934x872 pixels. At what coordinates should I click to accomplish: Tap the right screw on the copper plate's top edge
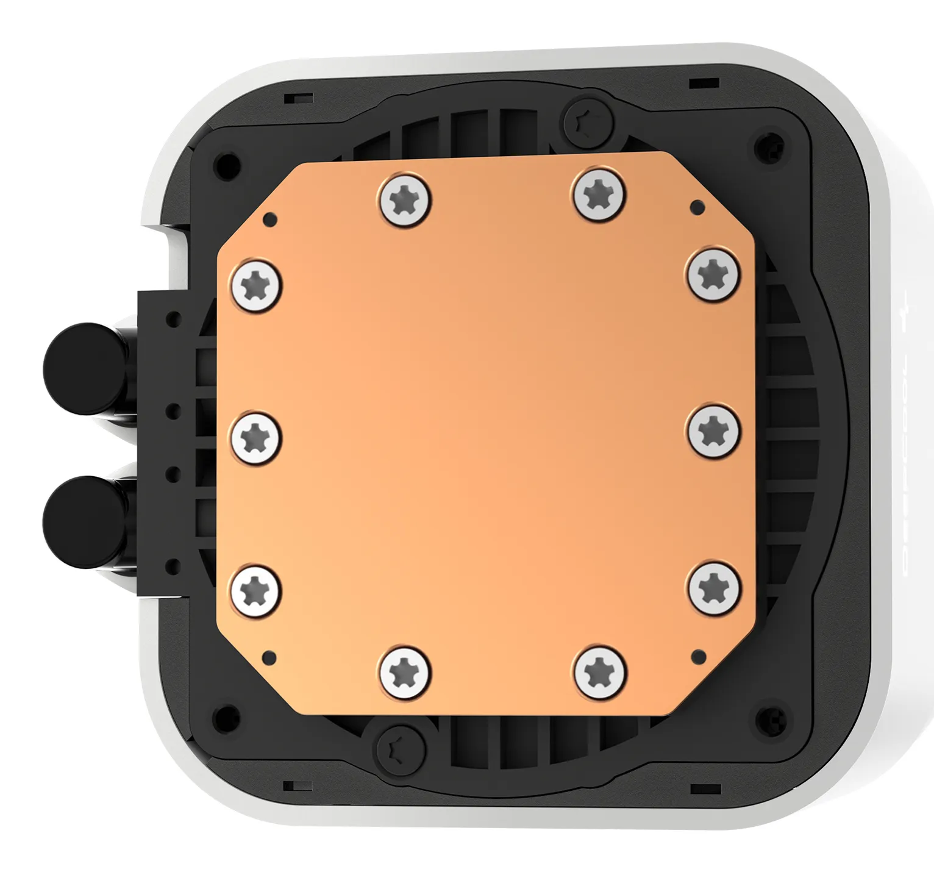click(x=599, y=194)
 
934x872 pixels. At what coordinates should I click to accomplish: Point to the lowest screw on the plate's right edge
click(x=714, y=587)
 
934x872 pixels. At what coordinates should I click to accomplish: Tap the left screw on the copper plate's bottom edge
click(x=405, y=673)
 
